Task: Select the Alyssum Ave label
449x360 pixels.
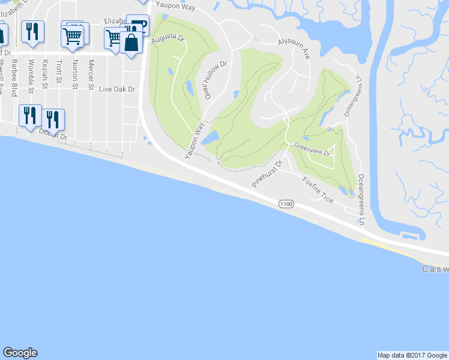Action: point(294,49)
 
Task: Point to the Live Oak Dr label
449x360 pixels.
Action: point(117,89)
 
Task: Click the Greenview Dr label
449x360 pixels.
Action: point(313,149)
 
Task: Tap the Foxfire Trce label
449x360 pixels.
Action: point(318,190)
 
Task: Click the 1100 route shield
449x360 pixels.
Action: point(286,205)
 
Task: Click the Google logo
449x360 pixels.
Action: point(20,353)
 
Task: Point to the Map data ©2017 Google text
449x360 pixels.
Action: point(412,355)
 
